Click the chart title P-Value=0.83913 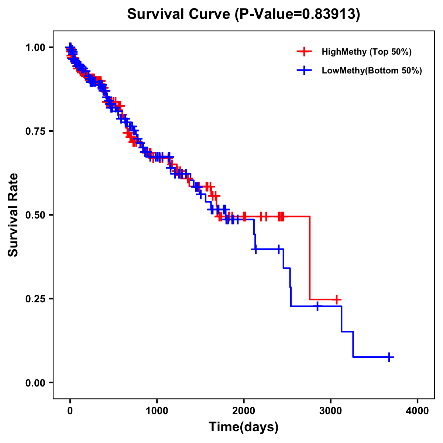[243, 14]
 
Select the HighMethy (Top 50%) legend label [367, 52]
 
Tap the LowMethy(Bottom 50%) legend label [372, 71]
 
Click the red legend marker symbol [304, 52]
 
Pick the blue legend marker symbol [304, 71]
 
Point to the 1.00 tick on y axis [35, 48]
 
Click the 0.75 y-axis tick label [35, 131]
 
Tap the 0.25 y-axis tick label [35, 299]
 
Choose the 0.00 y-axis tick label [35, 383]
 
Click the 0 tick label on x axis [70, 411]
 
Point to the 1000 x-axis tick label [157, 411]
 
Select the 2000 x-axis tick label [244, 411]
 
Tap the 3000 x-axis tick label [331, 411]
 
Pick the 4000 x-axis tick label [418, 411]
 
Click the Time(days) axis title [244, 427]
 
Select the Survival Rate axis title [14, 214]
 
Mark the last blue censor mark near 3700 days [389, 357]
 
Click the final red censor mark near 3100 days [336, 299]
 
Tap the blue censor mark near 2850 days [317, 306]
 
